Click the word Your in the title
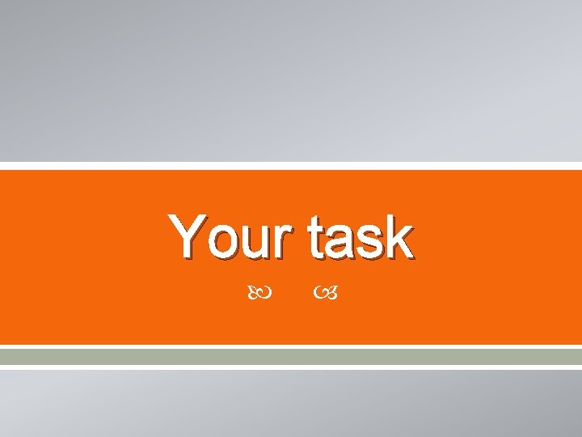point(231,237)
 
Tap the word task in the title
point(361,237)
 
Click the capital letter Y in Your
point(187,237)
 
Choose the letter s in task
point(373,243)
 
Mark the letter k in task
point(401,237)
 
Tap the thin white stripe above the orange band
point(291,166)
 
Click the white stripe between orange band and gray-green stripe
point(291,346)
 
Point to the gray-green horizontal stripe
point(291,356)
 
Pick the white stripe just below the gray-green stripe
point(291,366)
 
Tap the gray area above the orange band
point(291,81)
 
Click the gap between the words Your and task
point(299,239)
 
